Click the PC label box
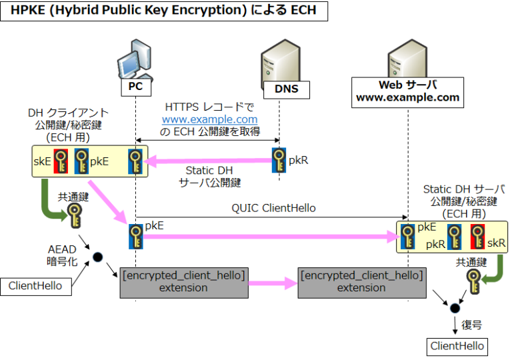point(136,87)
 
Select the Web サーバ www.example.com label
point(407,91)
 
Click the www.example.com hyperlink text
point(209,119)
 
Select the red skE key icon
point(61,161)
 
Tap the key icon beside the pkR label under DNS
point(279,160)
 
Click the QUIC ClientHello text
point(273,208)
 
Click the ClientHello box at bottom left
point(35,286)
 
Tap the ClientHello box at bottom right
point(457,345)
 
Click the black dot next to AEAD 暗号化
point(97,256)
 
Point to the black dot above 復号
point(455,307)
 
